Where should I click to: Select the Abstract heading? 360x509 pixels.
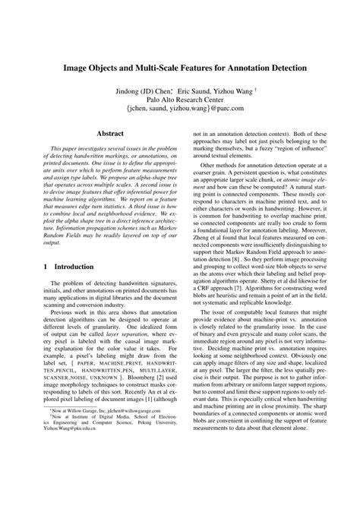coord(109,131)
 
